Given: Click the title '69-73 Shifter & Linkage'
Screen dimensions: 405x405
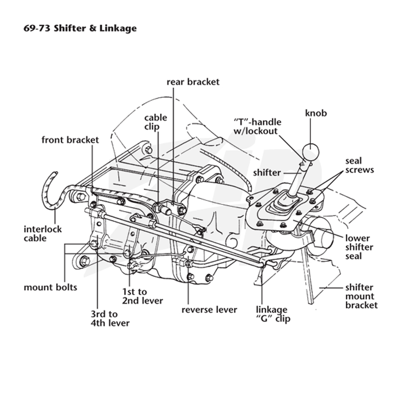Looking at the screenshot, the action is click(80, 28).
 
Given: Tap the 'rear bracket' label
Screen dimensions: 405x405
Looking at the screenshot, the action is click(193, 82).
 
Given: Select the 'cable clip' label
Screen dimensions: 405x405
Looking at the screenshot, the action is click(155, 122).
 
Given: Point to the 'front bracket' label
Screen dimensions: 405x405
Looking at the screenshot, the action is click(70, 140).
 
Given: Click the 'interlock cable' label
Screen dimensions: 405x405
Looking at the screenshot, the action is click(43, 233).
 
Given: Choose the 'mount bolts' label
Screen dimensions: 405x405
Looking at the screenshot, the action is click(50, 287).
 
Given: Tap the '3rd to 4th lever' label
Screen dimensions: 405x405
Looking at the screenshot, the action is click(110, 318).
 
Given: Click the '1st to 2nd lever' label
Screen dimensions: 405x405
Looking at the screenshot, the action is click(142, 296).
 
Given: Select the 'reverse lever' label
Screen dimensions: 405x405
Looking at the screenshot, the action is click(209, 310).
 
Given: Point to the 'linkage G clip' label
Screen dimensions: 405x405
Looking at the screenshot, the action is click(273, 314).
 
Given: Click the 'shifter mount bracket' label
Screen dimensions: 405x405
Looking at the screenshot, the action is click(361, 296).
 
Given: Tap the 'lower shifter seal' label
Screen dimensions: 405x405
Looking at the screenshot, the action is click(359, 247).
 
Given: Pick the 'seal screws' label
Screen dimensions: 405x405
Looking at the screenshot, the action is click(359, 166).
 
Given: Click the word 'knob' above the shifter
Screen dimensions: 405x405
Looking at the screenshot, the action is click(316, 113).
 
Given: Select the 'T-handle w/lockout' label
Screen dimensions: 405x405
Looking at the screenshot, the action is click(258, 126).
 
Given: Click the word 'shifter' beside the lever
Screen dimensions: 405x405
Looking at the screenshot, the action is click(267, 173).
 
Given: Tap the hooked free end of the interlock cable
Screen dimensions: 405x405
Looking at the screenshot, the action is click(55, 173).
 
